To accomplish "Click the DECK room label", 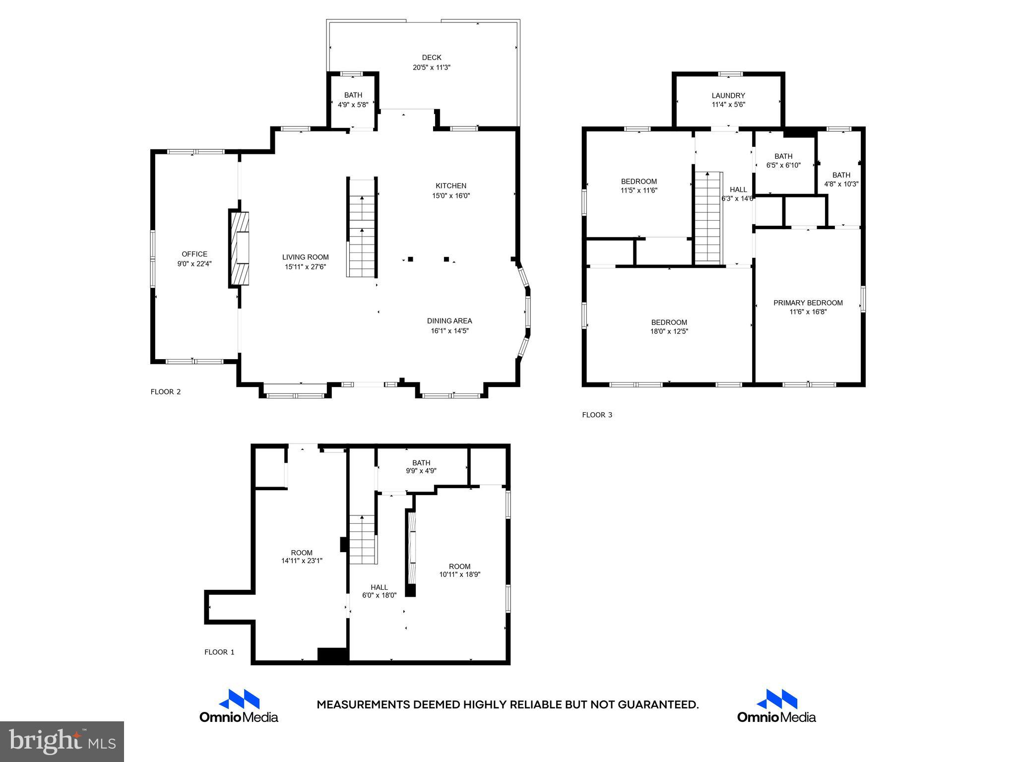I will (x=431, y=58).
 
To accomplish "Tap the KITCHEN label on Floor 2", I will (x=450, y=186).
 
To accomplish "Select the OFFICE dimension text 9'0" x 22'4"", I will (x=194, y=264).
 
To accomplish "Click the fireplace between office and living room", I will (x=240, y=248).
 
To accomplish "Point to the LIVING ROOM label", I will (x=305, y=257).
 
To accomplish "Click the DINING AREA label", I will (x=449, y=321).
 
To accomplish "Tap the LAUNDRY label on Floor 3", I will (x=728, y=96).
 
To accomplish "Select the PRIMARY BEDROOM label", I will (x=808, y=303).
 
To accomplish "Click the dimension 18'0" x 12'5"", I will (x=669, y=331).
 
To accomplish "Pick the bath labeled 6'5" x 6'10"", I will (x=783, y=161).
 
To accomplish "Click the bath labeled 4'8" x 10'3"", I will (x=841, y=179).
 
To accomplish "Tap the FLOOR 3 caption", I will (x=597, y=415).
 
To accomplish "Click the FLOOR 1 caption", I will (x=219, y=652).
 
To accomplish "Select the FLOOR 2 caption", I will (x=166, y=392).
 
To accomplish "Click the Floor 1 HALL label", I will (x=379, y=587).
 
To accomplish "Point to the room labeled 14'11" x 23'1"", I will (x=302, y=557).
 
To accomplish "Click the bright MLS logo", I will (x=62, y=741).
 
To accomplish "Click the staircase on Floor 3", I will (x=707, y=218).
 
